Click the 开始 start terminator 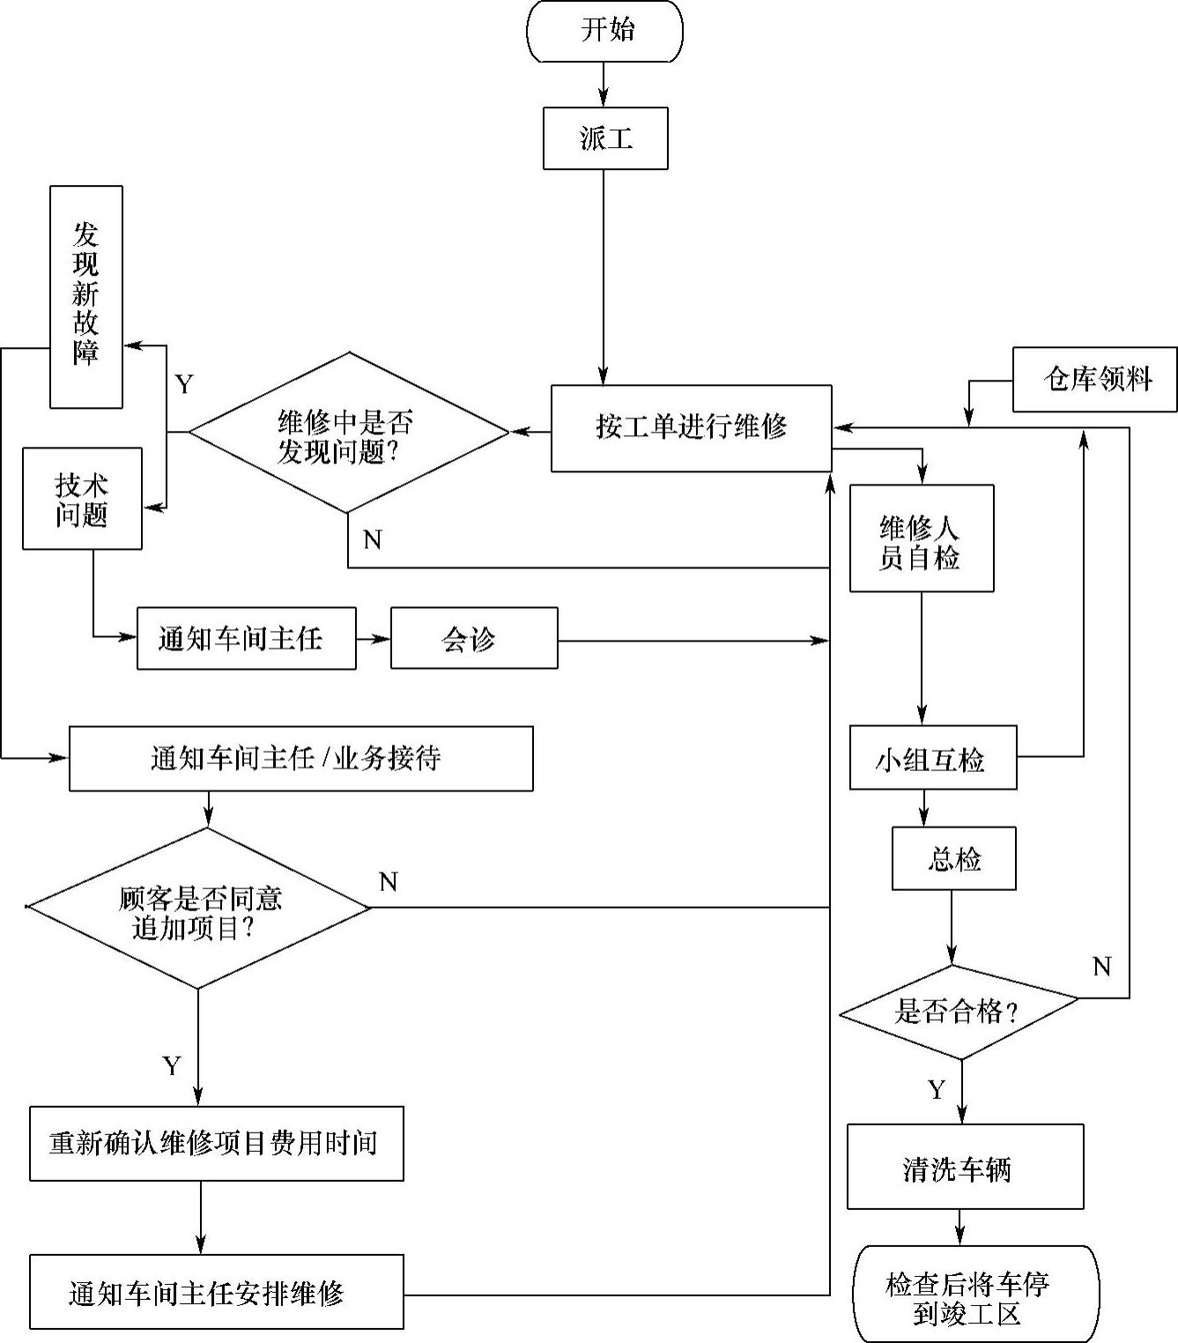click(x=604, y=31)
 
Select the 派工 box click(x=605, y=138)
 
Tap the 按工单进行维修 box click(x=691, y=428)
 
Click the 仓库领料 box click(x=1094, y=380)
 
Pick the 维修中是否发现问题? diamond click(x=349, y=433)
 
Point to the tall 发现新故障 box click(x=85, y=297)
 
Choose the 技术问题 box click(x=82, y=499)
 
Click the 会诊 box click(x=474, y=638)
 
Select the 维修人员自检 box click(x=921, y=538)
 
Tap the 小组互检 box click(x=932, y=758)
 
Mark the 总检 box click(x=953, y=858)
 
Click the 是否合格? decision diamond click(x=958, y=1012)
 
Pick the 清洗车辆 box click(x=965, y=1167)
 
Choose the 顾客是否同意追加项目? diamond click(x=199, y=909)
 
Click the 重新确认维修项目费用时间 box click(x=216, y=1144)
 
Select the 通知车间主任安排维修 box click(x=216, y=1292)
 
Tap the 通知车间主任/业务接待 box click(x=300, y=759)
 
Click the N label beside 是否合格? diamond click(x=1101, y=967)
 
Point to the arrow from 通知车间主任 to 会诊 click(x=374, y=639)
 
